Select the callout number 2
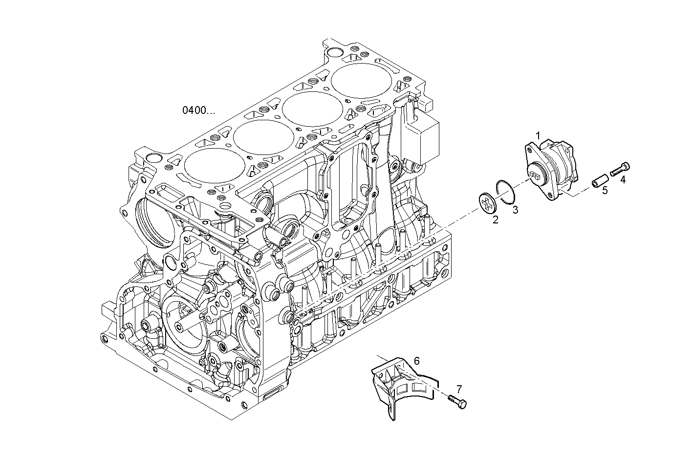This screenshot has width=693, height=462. pos(495,220)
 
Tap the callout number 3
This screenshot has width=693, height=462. pos(515,210)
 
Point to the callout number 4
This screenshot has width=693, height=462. pos(623,179)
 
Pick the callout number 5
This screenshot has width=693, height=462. pos(605,191)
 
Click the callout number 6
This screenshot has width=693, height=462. pos(416,361)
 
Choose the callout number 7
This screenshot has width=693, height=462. pos(459,389)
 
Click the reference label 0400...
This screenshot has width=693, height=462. pos(198,110)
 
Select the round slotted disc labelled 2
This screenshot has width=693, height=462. pos(486,203)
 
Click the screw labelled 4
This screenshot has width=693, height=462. pos(619,169)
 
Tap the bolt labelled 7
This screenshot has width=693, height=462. pos(456,402)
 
